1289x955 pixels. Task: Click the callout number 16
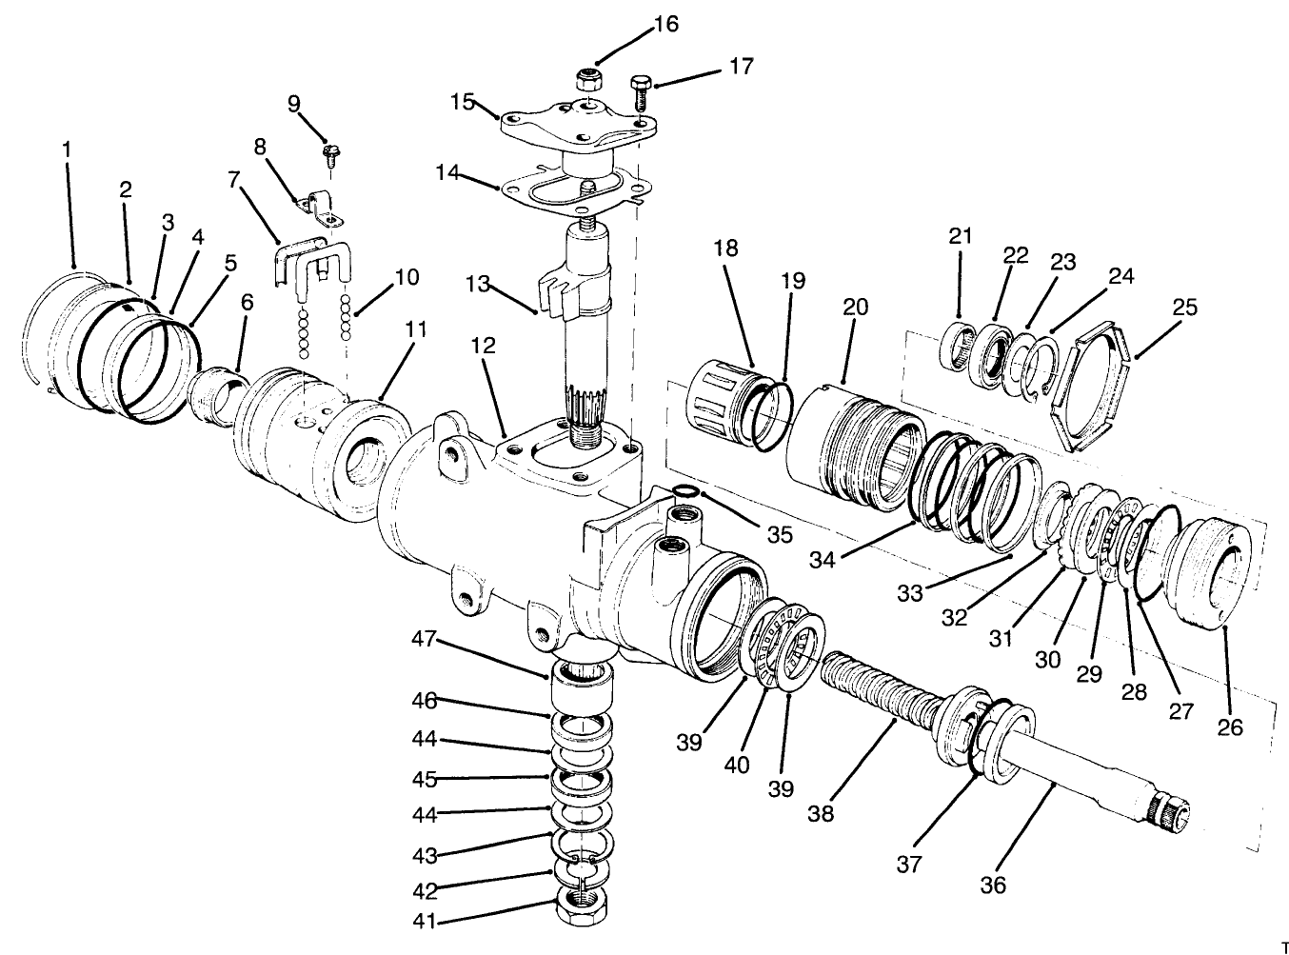(x=665, y=24)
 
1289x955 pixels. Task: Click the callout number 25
(x=1184, y=308)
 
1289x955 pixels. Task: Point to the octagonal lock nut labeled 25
(x=1090, y=387)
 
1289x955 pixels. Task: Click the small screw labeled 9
(x=332, y=151)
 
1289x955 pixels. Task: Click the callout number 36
(x=993, y=885)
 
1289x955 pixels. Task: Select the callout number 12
(x=484, y=346)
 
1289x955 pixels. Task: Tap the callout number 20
(x=856, y=307)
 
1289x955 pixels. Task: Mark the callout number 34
(x=823, y=558)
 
